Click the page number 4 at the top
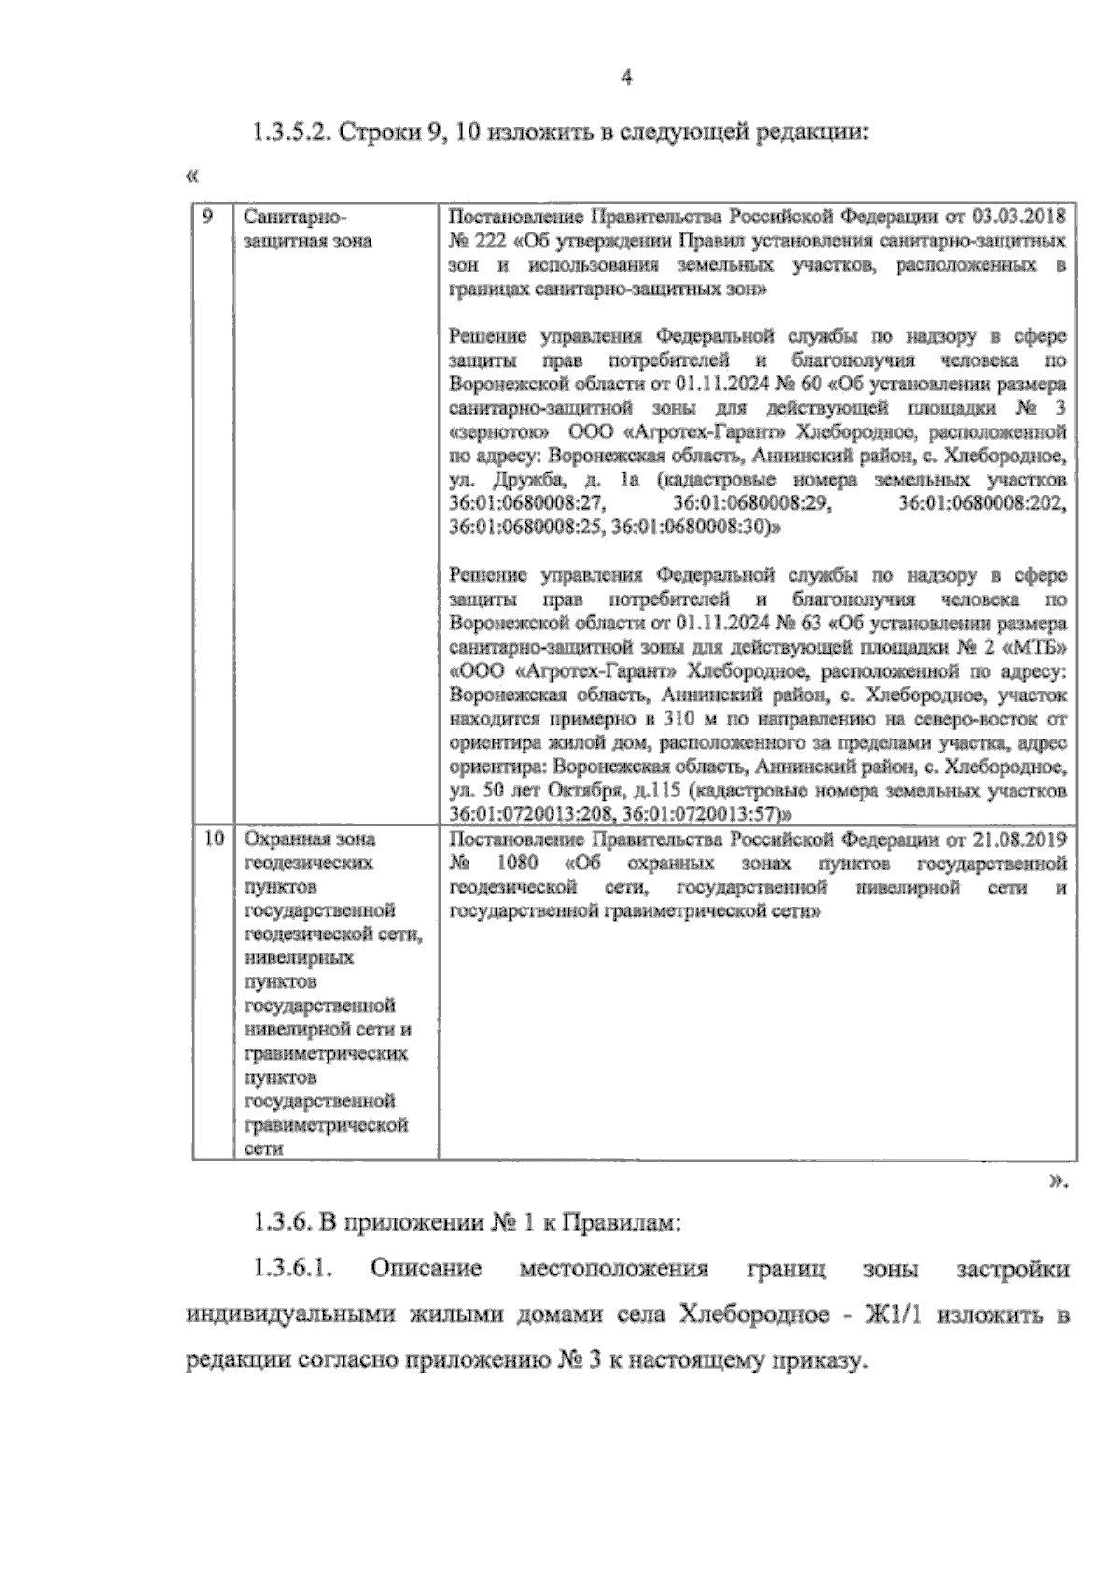pyautogui.click(x=627, y=79)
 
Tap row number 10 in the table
pyautogui.click(x=214, y=838)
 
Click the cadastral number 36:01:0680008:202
pyautogui.click(x=982, y=504)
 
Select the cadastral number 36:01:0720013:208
pyautogui.click(x=524, y=812)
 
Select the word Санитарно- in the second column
pyautogui.click(x=294, y=217)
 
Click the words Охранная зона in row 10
pyautogui.click(x=309, y=838)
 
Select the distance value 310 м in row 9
pyautogui.click(x=688, y=719)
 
